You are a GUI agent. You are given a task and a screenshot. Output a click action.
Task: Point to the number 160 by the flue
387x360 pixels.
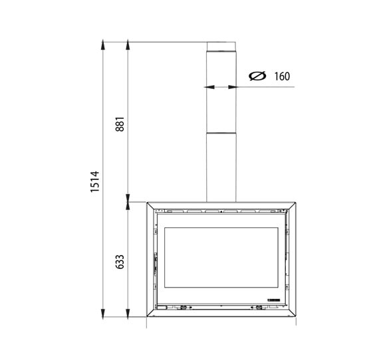pyautogui.click(x=281, y=76)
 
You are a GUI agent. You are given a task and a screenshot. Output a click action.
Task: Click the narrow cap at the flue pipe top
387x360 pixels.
pyautogui.click(x=221, y=46)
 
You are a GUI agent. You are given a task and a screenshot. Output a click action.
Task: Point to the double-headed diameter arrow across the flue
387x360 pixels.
pyautogui.click(x=221, y=86)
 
